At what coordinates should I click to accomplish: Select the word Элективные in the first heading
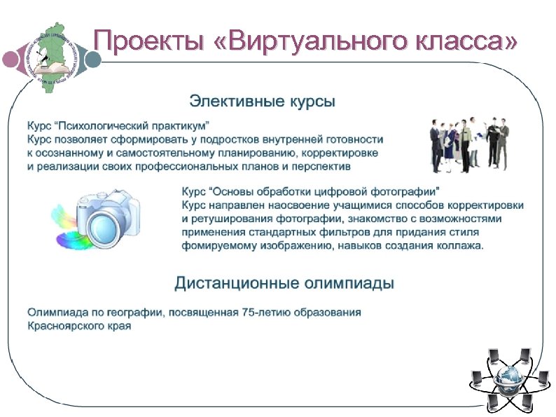[x=225, y=102]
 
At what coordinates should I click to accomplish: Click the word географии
[x=127, y=313]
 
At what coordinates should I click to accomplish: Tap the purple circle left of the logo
[x=11, y=59]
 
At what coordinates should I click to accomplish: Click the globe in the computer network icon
[x=509, y=380]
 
